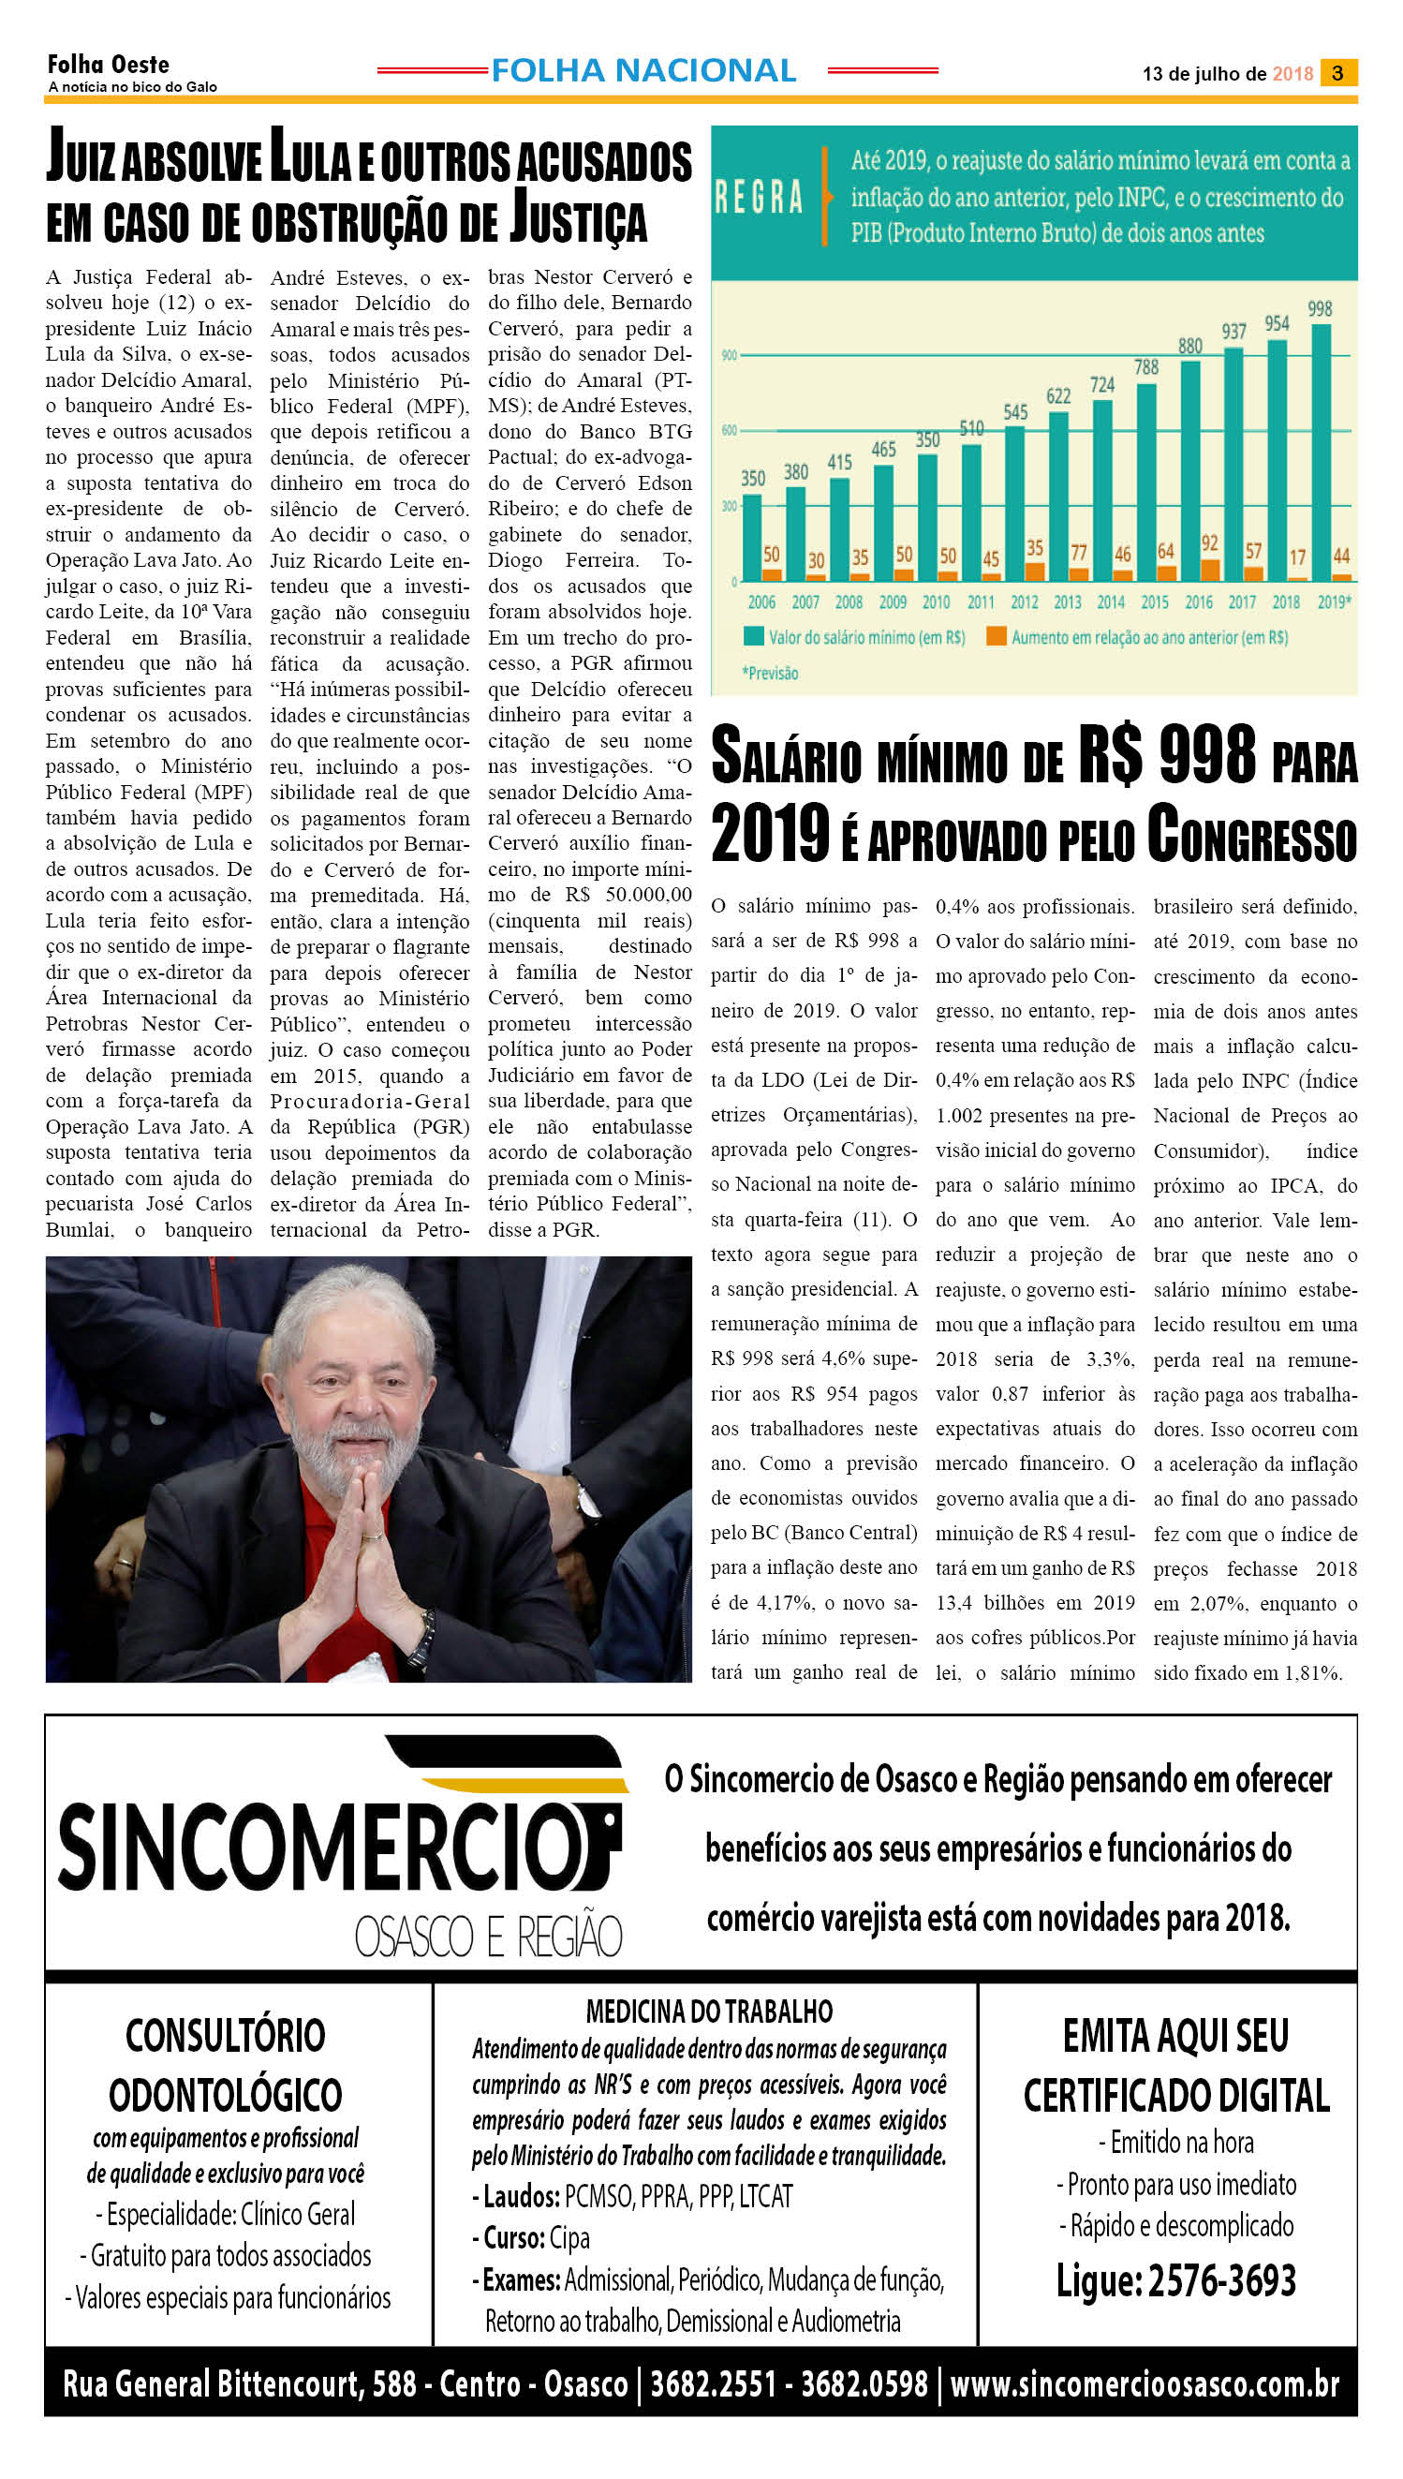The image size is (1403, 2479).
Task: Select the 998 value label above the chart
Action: pyautogui.click(x=1319, y=309)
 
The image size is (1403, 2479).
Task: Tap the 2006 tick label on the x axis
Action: pyautogui.click(x=761, y=602)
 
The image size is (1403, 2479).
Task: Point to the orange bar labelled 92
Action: pyautogui.click(x=1209, y=570)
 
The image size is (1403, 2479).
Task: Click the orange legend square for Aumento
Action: pyautogui.click(x=997, y=636)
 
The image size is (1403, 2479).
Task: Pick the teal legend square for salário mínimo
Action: pyautogui.click(x=753, y=636)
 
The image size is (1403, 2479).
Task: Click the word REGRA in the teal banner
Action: pyautogui.click(x=759, y=197)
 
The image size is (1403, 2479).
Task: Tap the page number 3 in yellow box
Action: pyautogui.click(x=1337, y=73)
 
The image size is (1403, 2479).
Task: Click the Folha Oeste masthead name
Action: pyautogui.click(x=108, y=66)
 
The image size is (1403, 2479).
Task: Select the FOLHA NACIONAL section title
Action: pyautogui.click(x=642, y=70)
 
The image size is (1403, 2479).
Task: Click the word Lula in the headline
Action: pyautogui.click(x=309, y=158)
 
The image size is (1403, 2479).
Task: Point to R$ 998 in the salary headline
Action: pyautogui.click(x=1166, y=755)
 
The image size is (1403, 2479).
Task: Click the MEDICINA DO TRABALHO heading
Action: pyautogui.click(x=709, y=2011)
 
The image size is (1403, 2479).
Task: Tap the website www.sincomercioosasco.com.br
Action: pyautogui.click(x=1145, y=2384)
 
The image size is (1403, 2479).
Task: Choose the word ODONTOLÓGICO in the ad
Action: pyautogui.click(x=226, y=2095)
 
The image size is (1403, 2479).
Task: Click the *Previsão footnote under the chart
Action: pyautogui.click(x=770, y=673)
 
